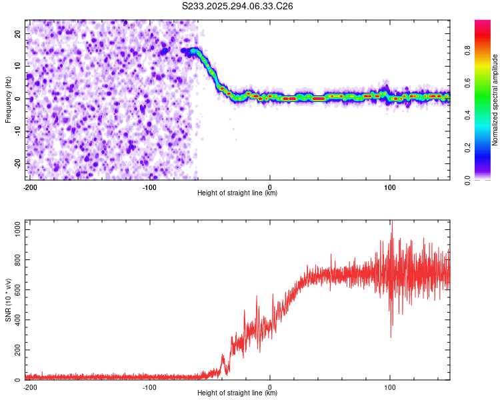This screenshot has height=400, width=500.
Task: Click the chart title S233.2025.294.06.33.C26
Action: pos(238,6)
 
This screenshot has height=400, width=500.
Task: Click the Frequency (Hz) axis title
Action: pos(8,99)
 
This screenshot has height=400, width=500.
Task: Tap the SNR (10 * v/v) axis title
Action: pos(8,300)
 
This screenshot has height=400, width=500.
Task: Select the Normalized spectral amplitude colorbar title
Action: pos(495,100)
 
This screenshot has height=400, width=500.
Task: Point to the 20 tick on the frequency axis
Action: pos(18,33)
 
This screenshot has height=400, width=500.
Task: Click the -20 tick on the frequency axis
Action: pos(17,163)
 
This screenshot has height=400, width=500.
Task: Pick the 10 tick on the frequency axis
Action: pos(18,66)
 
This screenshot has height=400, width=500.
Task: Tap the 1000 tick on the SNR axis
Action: pos(15,229)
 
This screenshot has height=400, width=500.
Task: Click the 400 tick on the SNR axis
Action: pos(16,320)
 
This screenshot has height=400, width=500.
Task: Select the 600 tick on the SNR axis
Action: pos(16,290)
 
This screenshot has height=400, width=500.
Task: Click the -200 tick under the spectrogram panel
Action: pos(30,186)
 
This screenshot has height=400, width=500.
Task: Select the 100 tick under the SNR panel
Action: pos(389,387)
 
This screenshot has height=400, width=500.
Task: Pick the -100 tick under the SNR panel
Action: pos(149,387)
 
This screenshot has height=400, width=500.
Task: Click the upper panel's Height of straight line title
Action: pos(237,193)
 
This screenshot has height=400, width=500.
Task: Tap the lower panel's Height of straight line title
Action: pos(237,393)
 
